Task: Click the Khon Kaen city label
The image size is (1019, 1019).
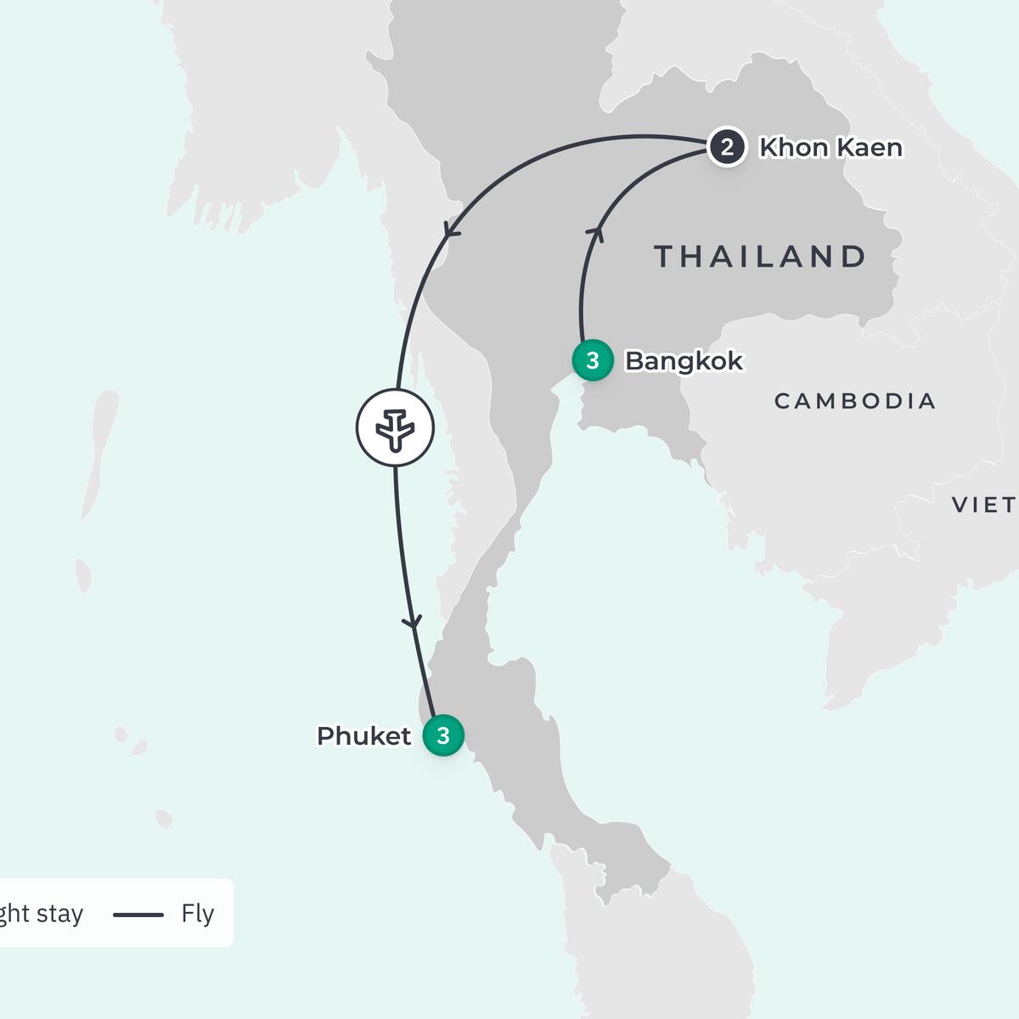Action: pos(830,148)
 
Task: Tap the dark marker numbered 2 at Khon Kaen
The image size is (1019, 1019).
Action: pos(726,148)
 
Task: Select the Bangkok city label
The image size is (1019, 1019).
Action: pos(684,361)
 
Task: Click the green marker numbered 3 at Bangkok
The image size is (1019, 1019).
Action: pos(593,361)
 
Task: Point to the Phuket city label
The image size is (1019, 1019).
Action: pos(363,736)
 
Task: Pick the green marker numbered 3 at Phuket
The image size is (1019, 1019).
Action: pos(442,735)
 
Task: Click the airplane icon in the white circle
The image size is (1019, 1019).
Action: pos(395,428)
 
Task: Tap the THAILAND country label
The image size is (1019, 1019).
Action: pos(760,256)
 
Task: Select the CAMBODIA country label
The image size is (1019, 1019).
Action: pos(855,401)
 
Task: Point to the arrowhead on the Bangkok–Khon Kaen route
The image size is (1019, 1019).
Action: pos(598,231)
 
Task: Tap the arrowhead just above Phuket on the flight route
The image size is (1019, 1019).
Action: pos(413,622)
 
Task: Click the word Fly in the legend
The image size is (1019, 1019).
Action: pos(197,914)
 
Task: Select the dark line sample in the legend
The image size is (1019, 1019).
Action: pos(138,915)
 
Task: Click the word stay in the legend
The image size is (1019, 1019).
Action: pos(59,914)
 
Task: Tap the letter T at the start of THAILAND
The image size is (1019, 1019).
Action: pos(665,256)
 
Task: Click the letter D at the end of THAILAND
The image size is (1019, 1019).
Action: pos(854,256)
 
